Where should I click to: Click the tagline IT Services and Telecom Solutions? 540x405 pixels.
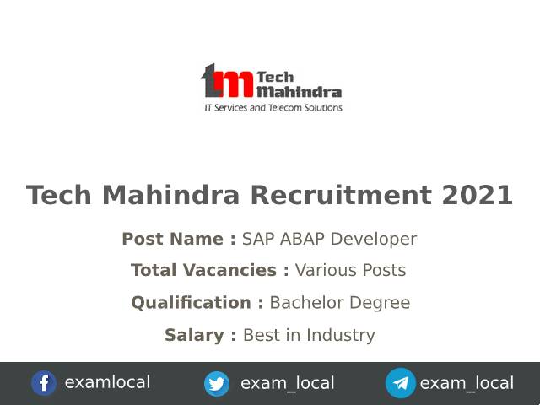click(273, 108)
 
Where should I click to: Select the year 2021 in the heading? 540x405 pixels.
click(477, 195)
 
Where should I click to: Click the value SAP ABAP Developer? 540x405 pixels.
click(329, 239)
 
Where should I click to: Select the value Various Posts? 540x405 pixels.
click(350, 271)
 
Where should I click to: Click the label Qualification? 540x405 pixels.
click(197, 303)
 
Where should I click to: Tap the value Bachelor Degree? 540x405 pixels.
click(339, 303)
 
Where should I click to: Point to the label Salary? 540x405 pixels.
click(200, 335)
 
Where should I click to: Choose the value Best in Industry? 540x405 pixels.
click(309, 335)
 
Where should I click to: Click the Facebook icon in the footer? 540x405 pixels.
click(44, 383)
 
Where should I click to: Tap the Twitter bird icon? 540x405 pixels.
click(217, 384)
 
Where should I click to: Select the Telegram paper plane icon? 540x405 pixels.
click(401, 384)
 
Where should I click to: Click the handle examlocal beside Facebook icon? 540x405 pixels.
click(107, 382)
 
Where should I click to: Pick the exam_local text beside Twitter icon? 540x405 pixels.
click(287, 383)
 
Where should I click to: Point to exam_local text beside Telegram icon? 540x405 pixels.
click(467, 383)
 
